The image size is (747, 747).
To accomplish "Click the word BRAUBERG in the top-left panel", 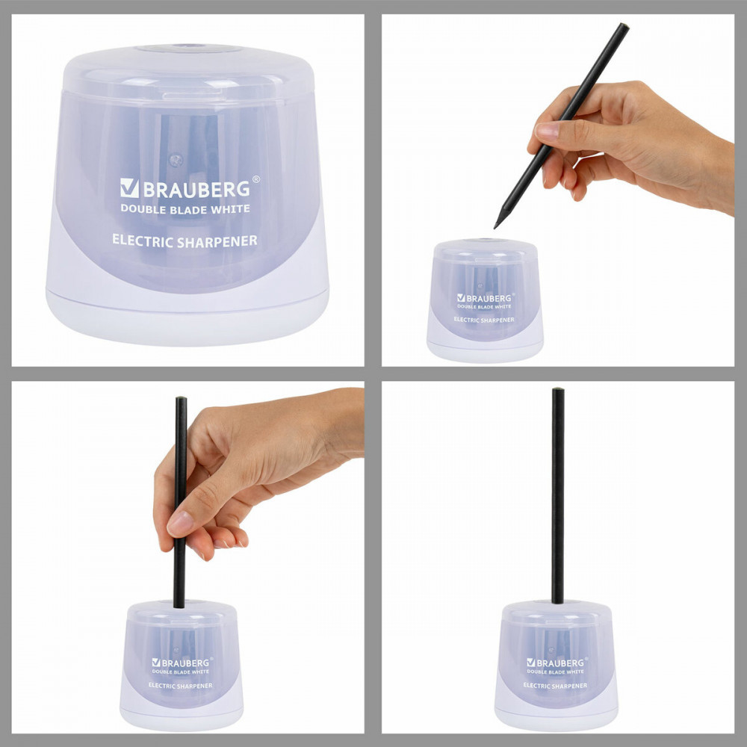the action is (x=196, y=189).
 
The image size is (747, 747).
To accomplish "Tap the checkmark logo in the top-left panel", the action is (x=129, y=188).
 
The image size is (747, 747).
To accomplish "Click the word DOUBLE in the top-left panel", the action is (x=141, y=208).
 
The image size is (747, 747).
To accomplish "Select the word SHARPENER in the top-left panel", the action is (x=217, y=241).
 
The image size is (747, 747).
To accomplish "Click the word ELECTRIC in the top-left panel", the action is (x=143, y=240).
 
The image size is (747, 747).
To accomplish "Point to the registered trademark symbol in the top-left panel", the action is (x=255, y=179).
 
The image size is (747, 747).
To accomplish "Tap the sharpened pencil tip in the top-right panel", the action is (x=496, y=226).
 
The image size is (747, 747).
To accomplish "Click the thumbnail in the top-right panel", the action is (x=547, y=130).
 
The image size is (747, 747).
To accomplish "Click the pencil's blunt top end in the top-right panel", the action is (x=624, y=25).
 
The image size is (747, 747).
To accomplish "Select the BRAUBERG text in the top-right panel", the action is (x=489, y=298).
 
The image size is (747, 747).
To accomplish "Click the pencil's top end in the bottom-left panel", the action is (x=181, y=399).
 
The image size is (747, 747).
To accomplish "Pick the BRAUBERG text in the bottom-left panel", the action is (x=185, y=663).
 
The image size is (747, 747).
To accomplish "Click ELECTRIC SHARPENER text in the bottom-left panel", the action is (x=181, y=686).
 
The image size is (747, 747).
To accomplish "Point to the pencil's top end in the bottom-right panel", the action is (x=558, y=390).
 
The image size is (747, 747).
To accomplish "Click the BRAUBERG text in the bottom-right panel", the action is (x=560, y=663).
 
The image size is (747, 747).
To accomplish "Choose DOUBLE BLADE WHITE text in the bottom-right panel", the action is (x=556, y=672).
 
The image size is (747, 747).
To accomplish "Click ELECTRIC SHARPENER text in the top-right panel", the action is (x=484, y=320).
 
